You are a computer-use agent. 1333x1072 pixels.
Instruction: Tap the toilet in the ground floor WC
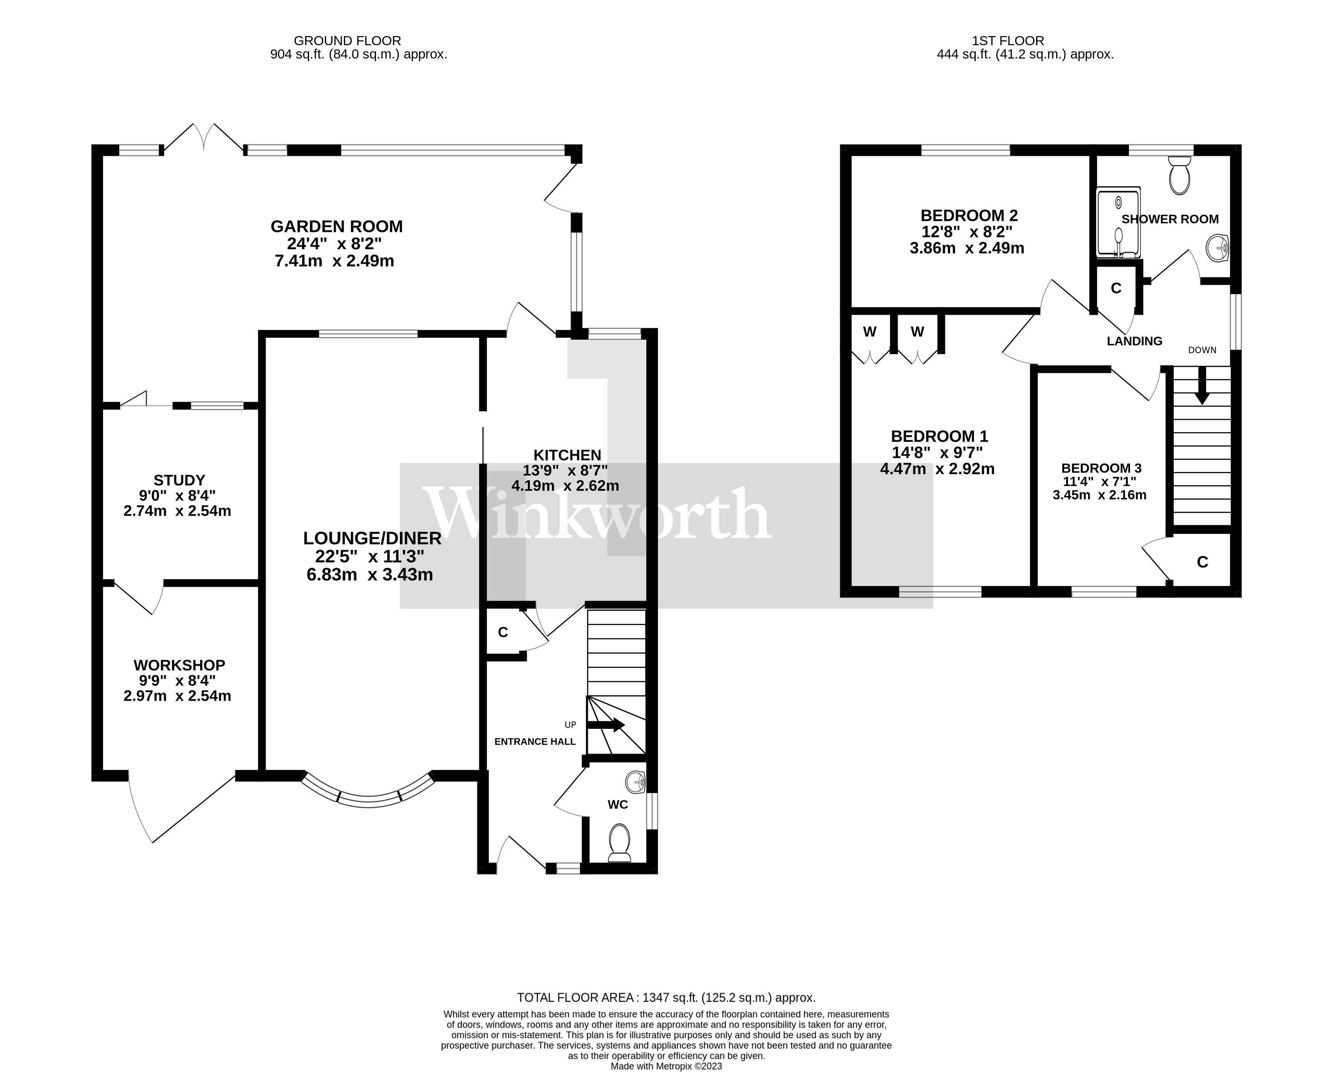[619, 842]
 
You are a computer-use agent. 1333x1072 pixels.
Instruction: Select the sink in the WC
[635, 783]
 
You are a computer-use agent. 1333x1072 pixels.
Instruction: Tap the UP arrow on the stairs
[606, 725]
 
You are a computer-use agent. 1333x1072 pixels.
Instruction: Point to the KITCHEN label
[567, 455]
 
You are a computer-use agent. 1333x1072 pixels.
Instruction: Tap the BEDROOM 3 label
[1101, 468]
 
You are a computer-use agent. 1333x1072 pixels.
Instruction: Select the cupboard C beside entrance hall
[502, 632]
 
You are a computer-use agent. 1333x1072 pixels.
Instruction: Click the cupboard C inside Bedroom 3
[1202, 562]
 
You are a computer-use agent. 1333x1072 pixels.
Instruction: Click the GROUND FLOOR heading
[347, 41]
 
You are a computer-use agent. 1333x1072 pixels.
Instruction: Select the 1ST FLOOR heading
[1008, 41]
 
